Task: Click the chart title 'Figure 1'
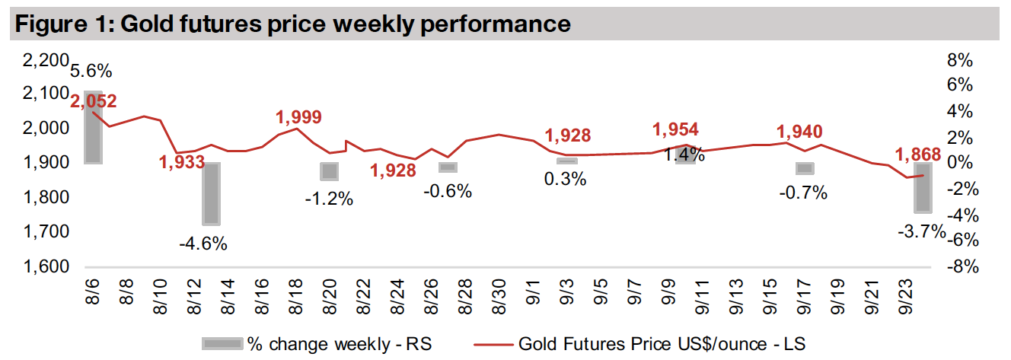(x=292, y=24)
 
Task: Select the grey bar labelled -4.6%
(x=211, y=193)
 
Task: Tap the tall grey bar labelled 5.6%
(x=92, y=126)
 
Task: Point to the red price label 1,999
(x=298, y=117)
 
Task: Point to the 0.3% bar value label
(x=566, y=180)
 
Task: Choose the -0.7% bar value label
(x=803, y=193)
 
